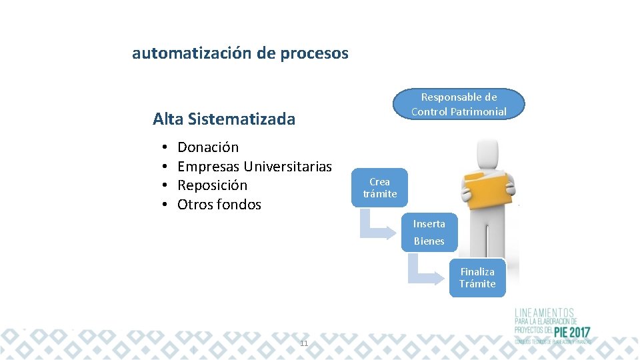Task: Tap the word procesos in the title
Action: (x=315, y=53)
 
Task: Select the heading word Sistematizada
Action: (x=241, y=119)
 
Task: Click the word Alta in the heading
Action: (x=168, y=119)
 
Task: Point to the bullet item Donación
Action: (x=208, y=147)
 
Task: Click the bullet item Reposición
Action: (x=212, y=185)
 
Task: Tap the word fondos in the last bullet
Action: (x=239, y=205)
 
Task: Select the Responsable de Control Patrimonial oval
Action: (x=459, y=105)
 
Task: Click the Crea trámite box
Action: (x=379, y=188)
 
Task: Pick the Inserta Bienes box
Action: (x=429, y=232)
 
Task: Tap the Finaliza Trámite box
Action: (x=477, y=278)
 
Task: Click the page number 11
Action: (x=304, y=343)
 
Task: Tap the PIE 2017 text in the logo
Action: (x=571, y=332)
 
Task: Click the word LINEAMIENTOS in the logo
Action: (x=544, y=312)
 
